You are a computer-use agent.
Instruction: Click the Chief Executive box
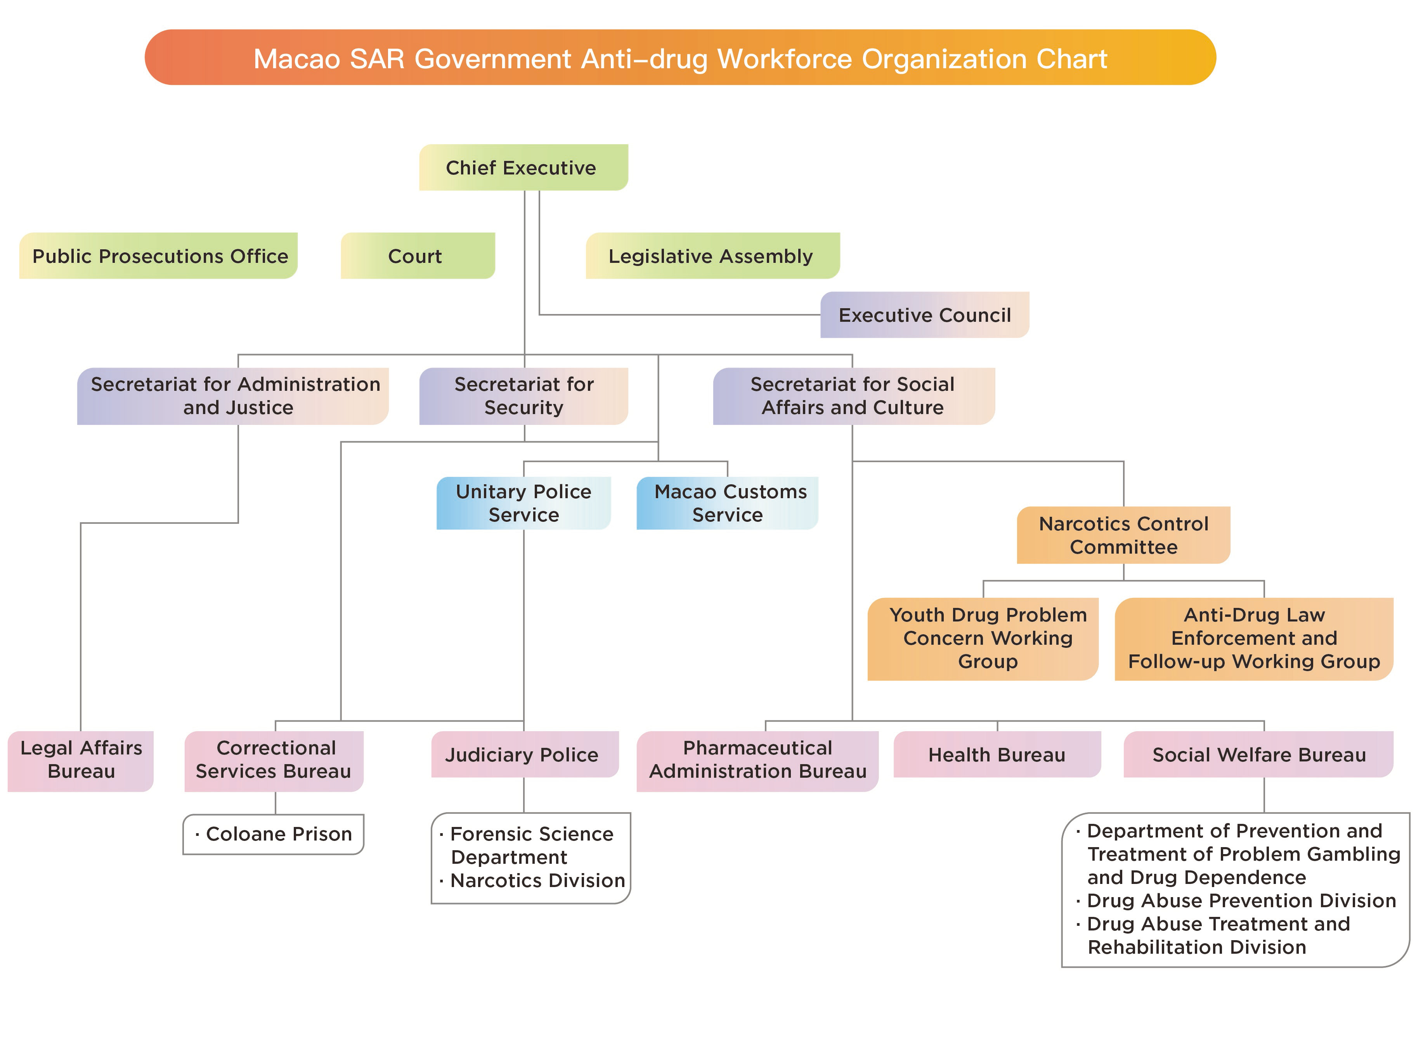point(523,167)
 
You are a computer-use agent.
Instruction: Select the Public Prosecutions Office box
point(158,256)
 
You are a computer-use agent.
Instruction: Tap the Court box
point(418,256)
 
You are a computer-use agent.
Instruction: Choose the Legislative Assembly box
point(713,256)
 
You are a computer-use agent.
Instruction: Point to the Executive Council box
point(924,315)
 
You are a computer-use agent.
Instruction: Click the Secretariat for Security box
point(523,396)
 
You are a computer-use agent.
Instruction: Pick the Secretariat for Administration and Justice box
point(232,396)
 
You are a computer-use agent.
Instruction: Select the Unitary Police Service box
point(523,503)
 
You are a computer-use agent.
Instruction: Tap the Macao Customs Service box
point(727,503)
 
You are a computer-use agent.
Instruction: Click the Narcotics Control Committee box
point(1123,535)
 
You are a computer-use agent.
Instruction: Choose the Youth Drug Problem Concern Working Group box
point(983,639)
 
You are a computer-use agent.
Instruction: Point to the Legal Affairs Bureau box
point(80,761)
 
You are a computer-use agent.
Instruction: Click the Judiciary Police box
point(525,754)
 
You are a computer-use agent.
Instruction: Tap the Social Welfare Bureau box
point(1258,754)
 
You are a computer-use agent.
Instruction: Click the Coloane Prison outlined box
point(273,834)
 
